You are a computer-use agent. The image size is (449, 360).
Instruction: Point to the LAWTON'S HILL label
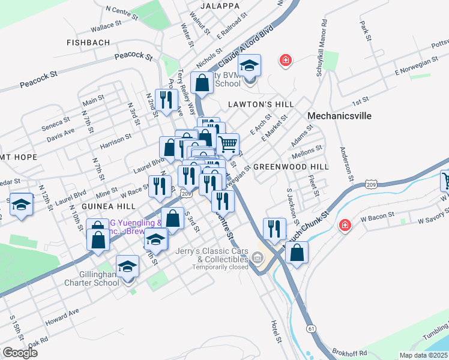pos(261,104)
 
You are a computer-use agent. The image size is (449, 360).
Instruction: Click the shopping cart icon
pos(228,144)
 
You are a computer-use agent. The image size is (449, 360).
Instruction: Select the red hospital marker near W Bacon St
pos(345,226)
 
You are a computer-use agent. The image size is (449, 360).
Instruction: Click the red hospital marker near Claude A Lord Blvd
pos(286,60)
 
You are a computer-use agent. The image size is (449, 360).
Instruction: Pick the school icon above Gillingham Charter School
pos(127,266)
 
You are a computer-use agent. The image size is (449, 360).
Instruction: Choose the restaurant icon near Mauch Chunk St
pos(274,228)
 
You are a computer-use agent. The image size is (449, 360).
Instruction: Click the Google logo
pos(19,353)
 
